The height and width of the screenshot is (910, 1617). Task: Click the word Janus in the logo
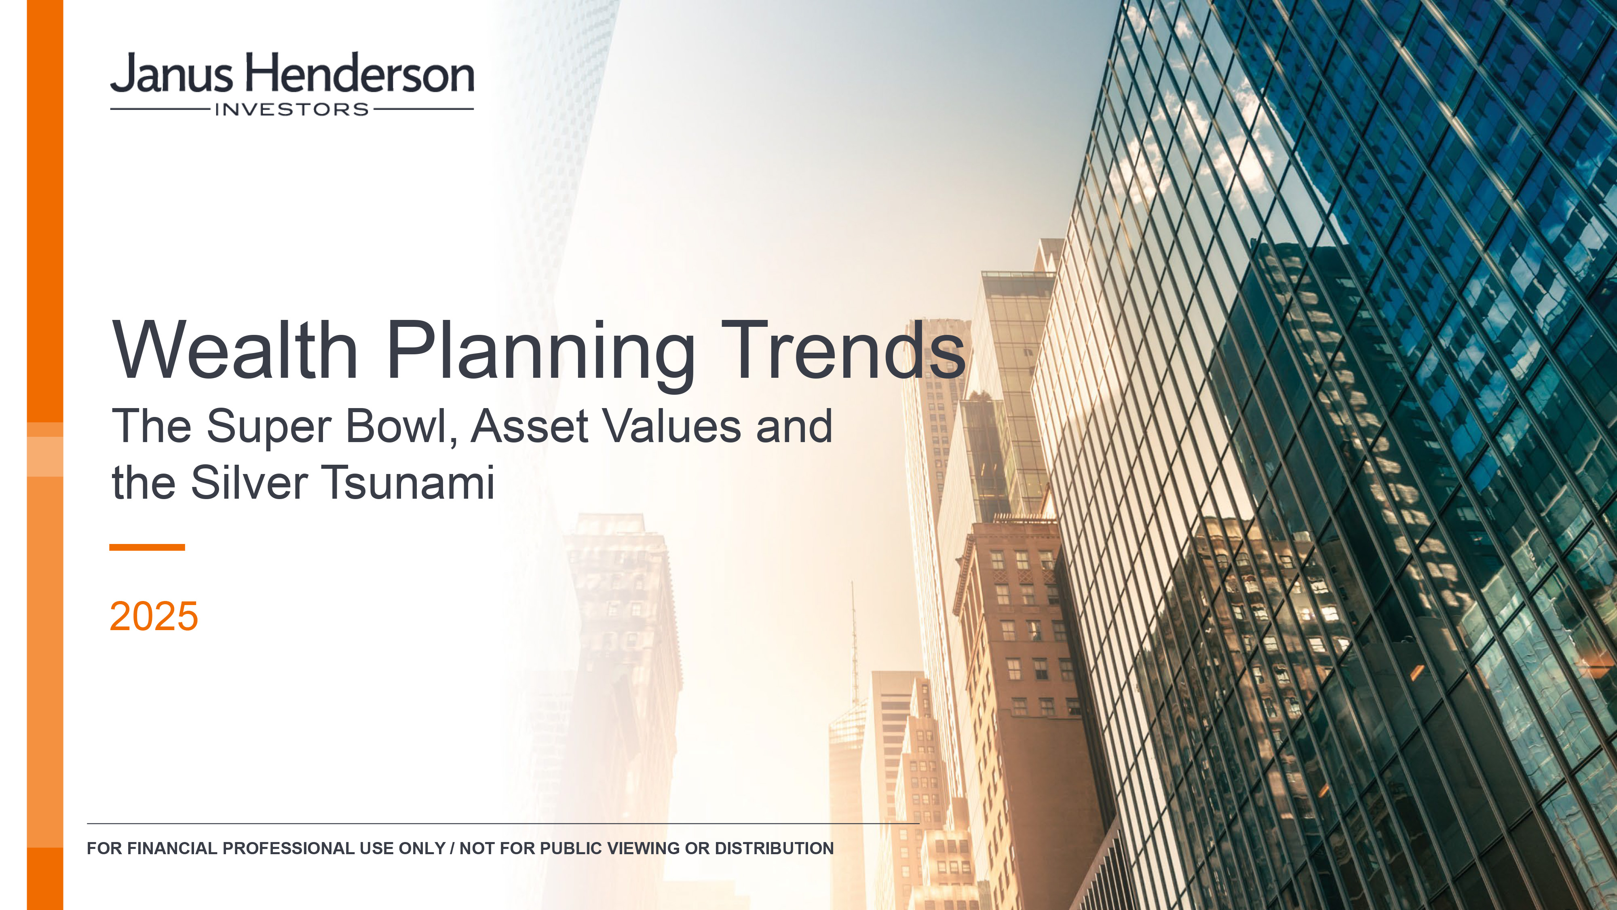172,74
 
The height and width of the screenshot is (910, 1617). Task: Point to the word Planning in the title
541,354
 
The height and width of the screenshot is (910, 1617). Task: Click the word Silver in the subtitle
249,483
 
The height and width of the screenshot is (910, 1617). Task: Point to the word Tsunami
409,483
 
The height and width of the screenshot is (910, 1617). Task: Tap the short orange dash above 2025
147,547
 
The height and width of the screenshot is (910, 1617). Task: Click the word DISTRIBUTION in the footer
774,849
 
